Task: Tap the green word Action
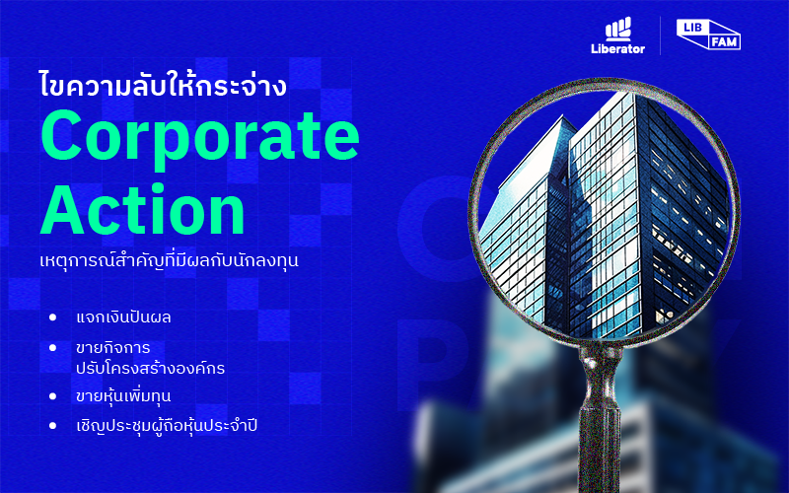coord(142,209)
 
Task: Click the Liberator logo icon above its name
coord(618,30)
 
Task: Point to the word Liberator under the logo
coord(618,48)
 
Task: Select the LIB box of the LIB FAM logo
coord(692,28)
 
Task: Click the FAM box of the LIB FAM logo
coord(725,41)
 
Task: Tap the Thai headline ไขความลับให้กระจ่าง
coord(163,84)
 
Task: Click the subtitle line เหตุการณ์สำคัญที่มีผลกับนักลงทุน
coord(169,260)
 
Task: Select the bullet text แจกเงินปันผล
coord(123,317)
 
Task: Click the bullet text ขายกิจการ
coord(113,348)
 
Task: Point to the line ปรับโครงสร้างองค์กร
coord(151,368)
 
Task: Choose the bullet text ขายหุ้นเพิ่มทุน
coord(123,396)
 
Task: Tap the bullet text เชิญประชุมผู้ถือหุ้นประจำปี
coord(167,426)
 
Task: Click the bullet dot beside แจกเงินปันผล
coord(53,317)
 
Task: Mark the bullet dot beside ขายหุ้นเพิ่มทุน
coord(53,396)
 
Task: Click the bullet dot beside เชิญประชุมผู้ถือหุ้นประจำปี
coord(53,426)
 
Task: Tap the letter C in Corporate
coord(61,136)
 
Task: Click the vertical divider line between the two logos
coord(660,35)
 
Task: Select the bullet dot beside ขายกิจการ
coord(53,348)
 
